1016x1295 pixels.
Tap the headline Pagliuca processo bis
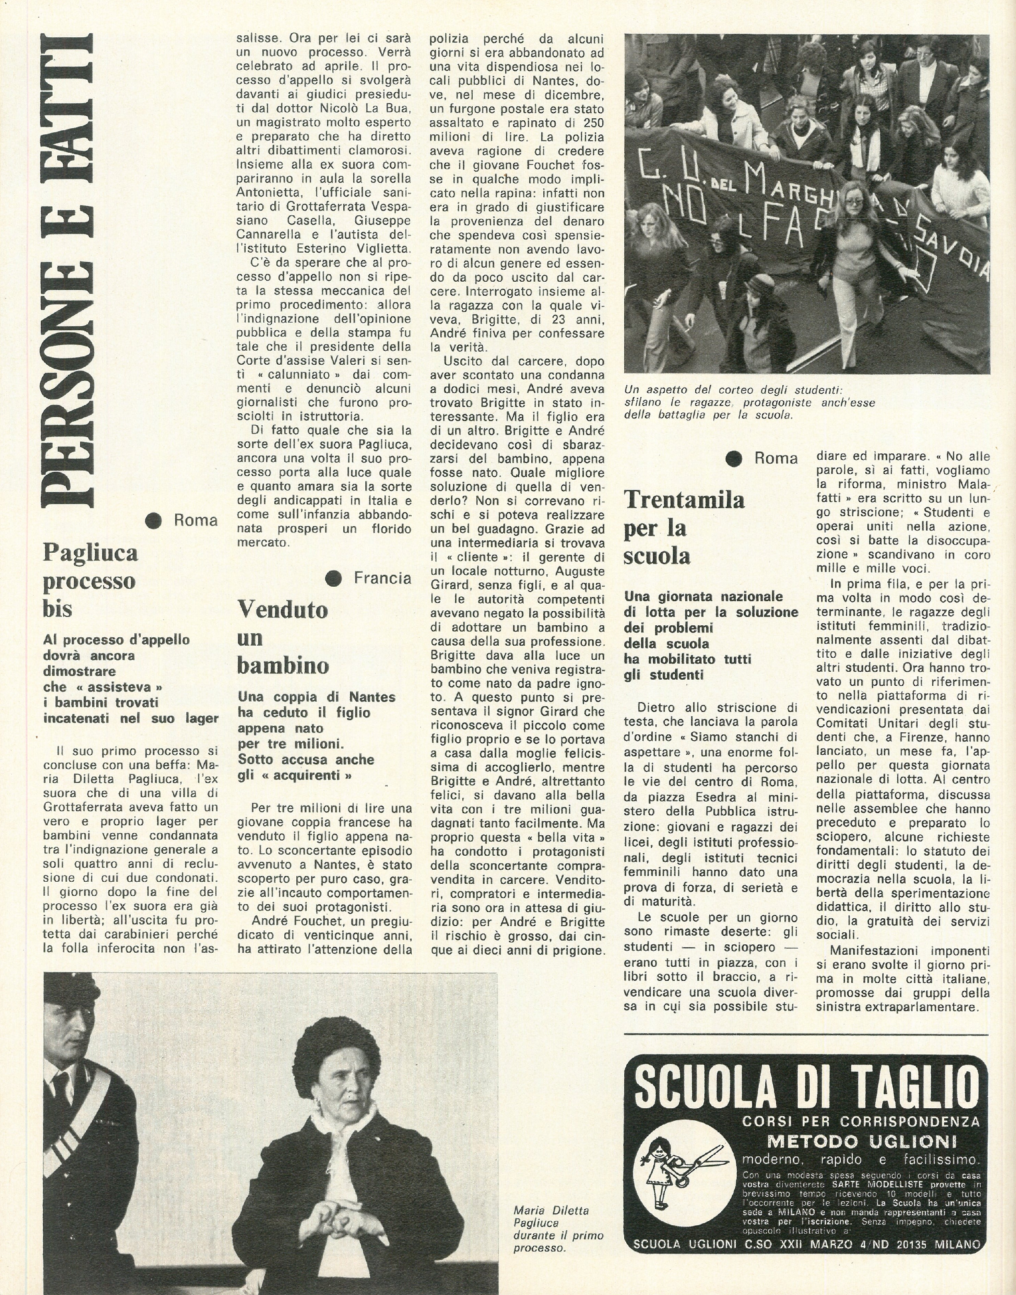(90, 580)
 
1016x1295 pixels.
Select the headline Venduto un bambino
(283, 637)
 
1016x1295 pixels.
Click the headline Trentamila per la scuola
(684, 527)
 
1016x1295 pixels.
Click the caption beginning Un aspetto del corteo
(750, 402)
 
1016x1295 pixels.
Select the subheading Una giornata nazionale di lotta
(711, 635)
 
